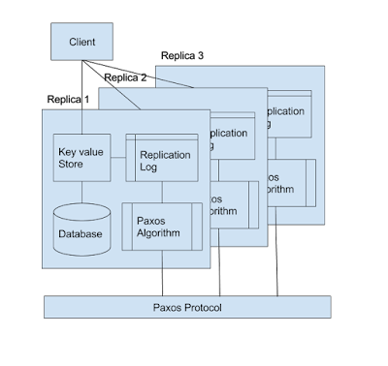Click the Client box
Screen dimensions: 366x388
[82, 44]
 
